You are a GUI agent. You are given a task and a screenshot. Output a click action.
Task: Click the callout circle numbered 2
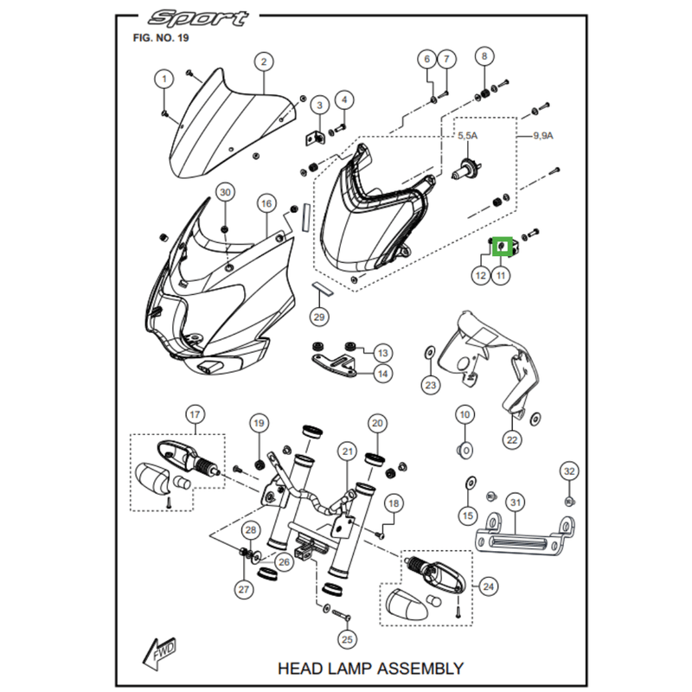pyautogui.click(x=262, y=61)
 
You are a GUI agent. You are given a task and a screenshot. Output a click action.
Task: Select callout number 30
pyautogui.click(x=224, y=191)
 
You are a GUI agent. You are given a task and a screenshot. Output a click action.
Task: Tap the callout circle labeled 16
pyautogui.click(x=266, y=203)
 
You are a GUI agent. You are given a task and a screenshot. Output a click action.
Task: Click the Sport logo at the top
pyautogui.click(x=197, y=18)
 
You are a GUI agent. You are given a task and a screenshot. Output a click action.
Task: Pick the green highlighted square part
pyautogui.click(x=501, y=248)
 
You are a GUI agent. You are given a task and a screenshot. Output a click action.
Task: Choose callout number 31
pyautogui.click(x=515, y=503)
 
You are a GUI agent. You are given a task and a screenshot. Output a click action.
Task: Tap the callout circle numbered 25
pyautogui.click(x=348, y=640)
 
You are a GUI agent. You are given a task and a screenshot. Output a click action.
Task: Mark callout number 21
pyautogui.click(x=347, y=451)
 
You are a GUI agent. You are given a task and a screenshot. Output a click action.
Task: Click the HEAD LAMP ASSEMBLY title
pyautogui.click(x=369, y=668)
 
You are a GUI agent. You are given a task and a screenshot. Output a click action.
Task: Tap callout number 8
pyautogui.click(x=484, y=57)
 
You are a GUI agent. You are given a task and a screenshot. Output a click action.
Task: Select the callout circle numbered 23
pyautogui.click(x=431, y=384)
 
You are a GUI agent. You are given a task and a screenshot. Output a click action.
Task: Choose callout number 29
pyautogui.click(x=319, y=317)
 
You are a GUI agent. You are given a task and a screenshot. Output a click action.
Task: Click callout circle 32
pyautogui.click(x=568, y=471)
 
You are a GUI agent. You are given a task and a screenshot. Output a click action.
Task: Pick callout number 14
pyautogui.click(x=382, y=374)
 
